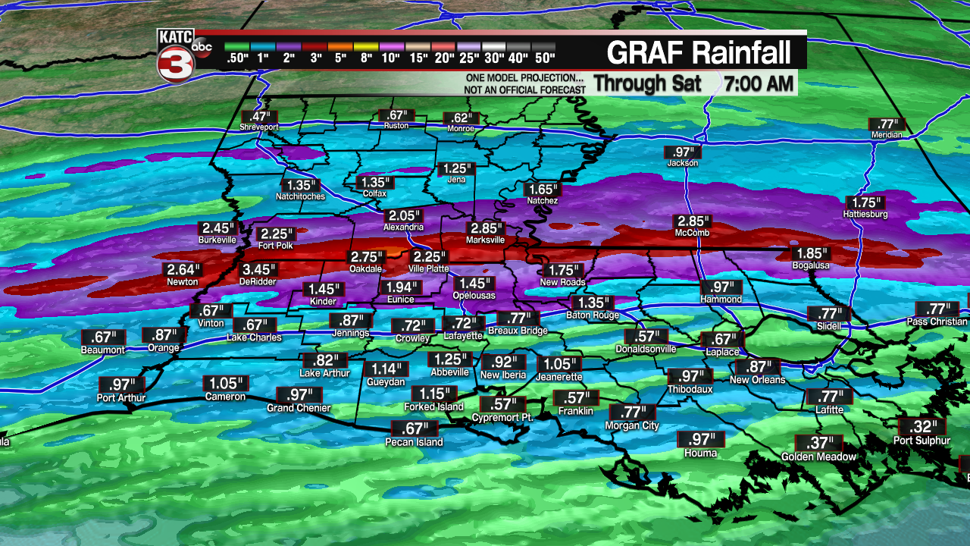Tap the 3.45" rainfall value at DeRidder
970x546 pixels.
point(260,269)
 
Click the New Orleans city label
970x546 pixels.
point(758,379)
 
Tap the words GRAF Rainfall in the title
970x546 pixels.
point(699,52)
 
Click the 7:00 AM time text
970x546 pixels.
point(759,83)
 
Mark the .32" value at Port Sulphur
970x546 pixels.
point(918,426)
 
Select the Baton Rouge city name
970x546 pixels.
point(593,315)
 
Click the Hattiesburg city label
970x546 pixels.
point(865,214)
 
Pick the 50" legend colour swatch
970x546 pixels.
point(543,47)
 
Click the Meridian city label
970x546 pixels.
point(887,134)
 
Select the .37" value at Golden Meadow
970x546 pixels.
point(818,443)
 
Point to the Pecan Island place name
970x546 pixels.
point(414,442)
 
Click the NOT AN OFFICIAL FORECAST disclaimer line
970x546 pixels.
point(525,90)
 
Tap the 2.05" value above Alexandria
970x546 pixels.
point(402,215)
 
